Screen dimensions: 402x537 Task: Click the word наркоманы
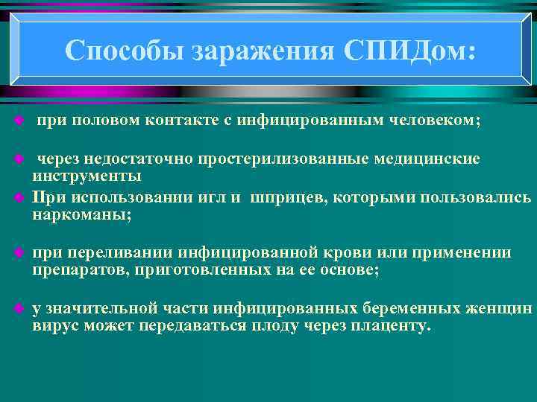point(81,215)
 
